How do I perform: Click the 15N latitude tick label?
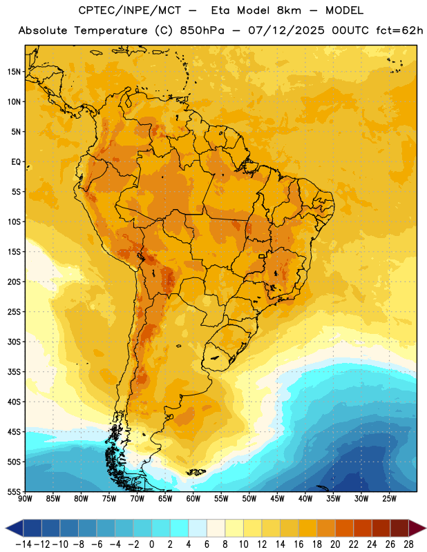point(13,72)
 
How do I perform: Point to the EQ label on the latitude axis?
point(16,162)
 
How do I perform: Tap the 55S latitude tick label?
point(14,491)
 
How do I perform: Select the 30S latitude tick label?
point(14,342)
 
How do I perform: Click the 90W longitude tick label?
point(25,499)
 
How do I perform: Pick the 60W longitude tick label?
point(193,499)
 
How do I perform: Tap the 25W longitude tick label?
point(389,499)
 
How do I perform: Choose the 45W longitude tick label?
point(277,499)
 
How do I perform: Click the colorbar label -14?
point(24,544)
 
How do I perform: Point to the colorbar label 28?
point(408,544)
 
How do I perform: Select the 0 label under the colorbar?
point(152,544)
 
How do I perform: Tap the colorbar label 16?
point(298,544)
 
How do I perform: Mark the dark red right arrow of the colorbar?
point(417,528)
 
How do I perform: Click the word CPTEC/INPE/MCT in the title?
point(129,10)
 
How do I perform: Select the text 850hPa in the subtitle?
point(202,30)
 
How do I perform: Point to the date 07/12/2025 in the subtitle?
point(286,30)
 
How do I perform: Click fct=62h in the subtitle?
point(399,30)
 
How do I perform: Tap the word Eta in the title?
point(220,10)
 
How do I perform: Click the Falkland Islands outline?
point(196,472)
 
